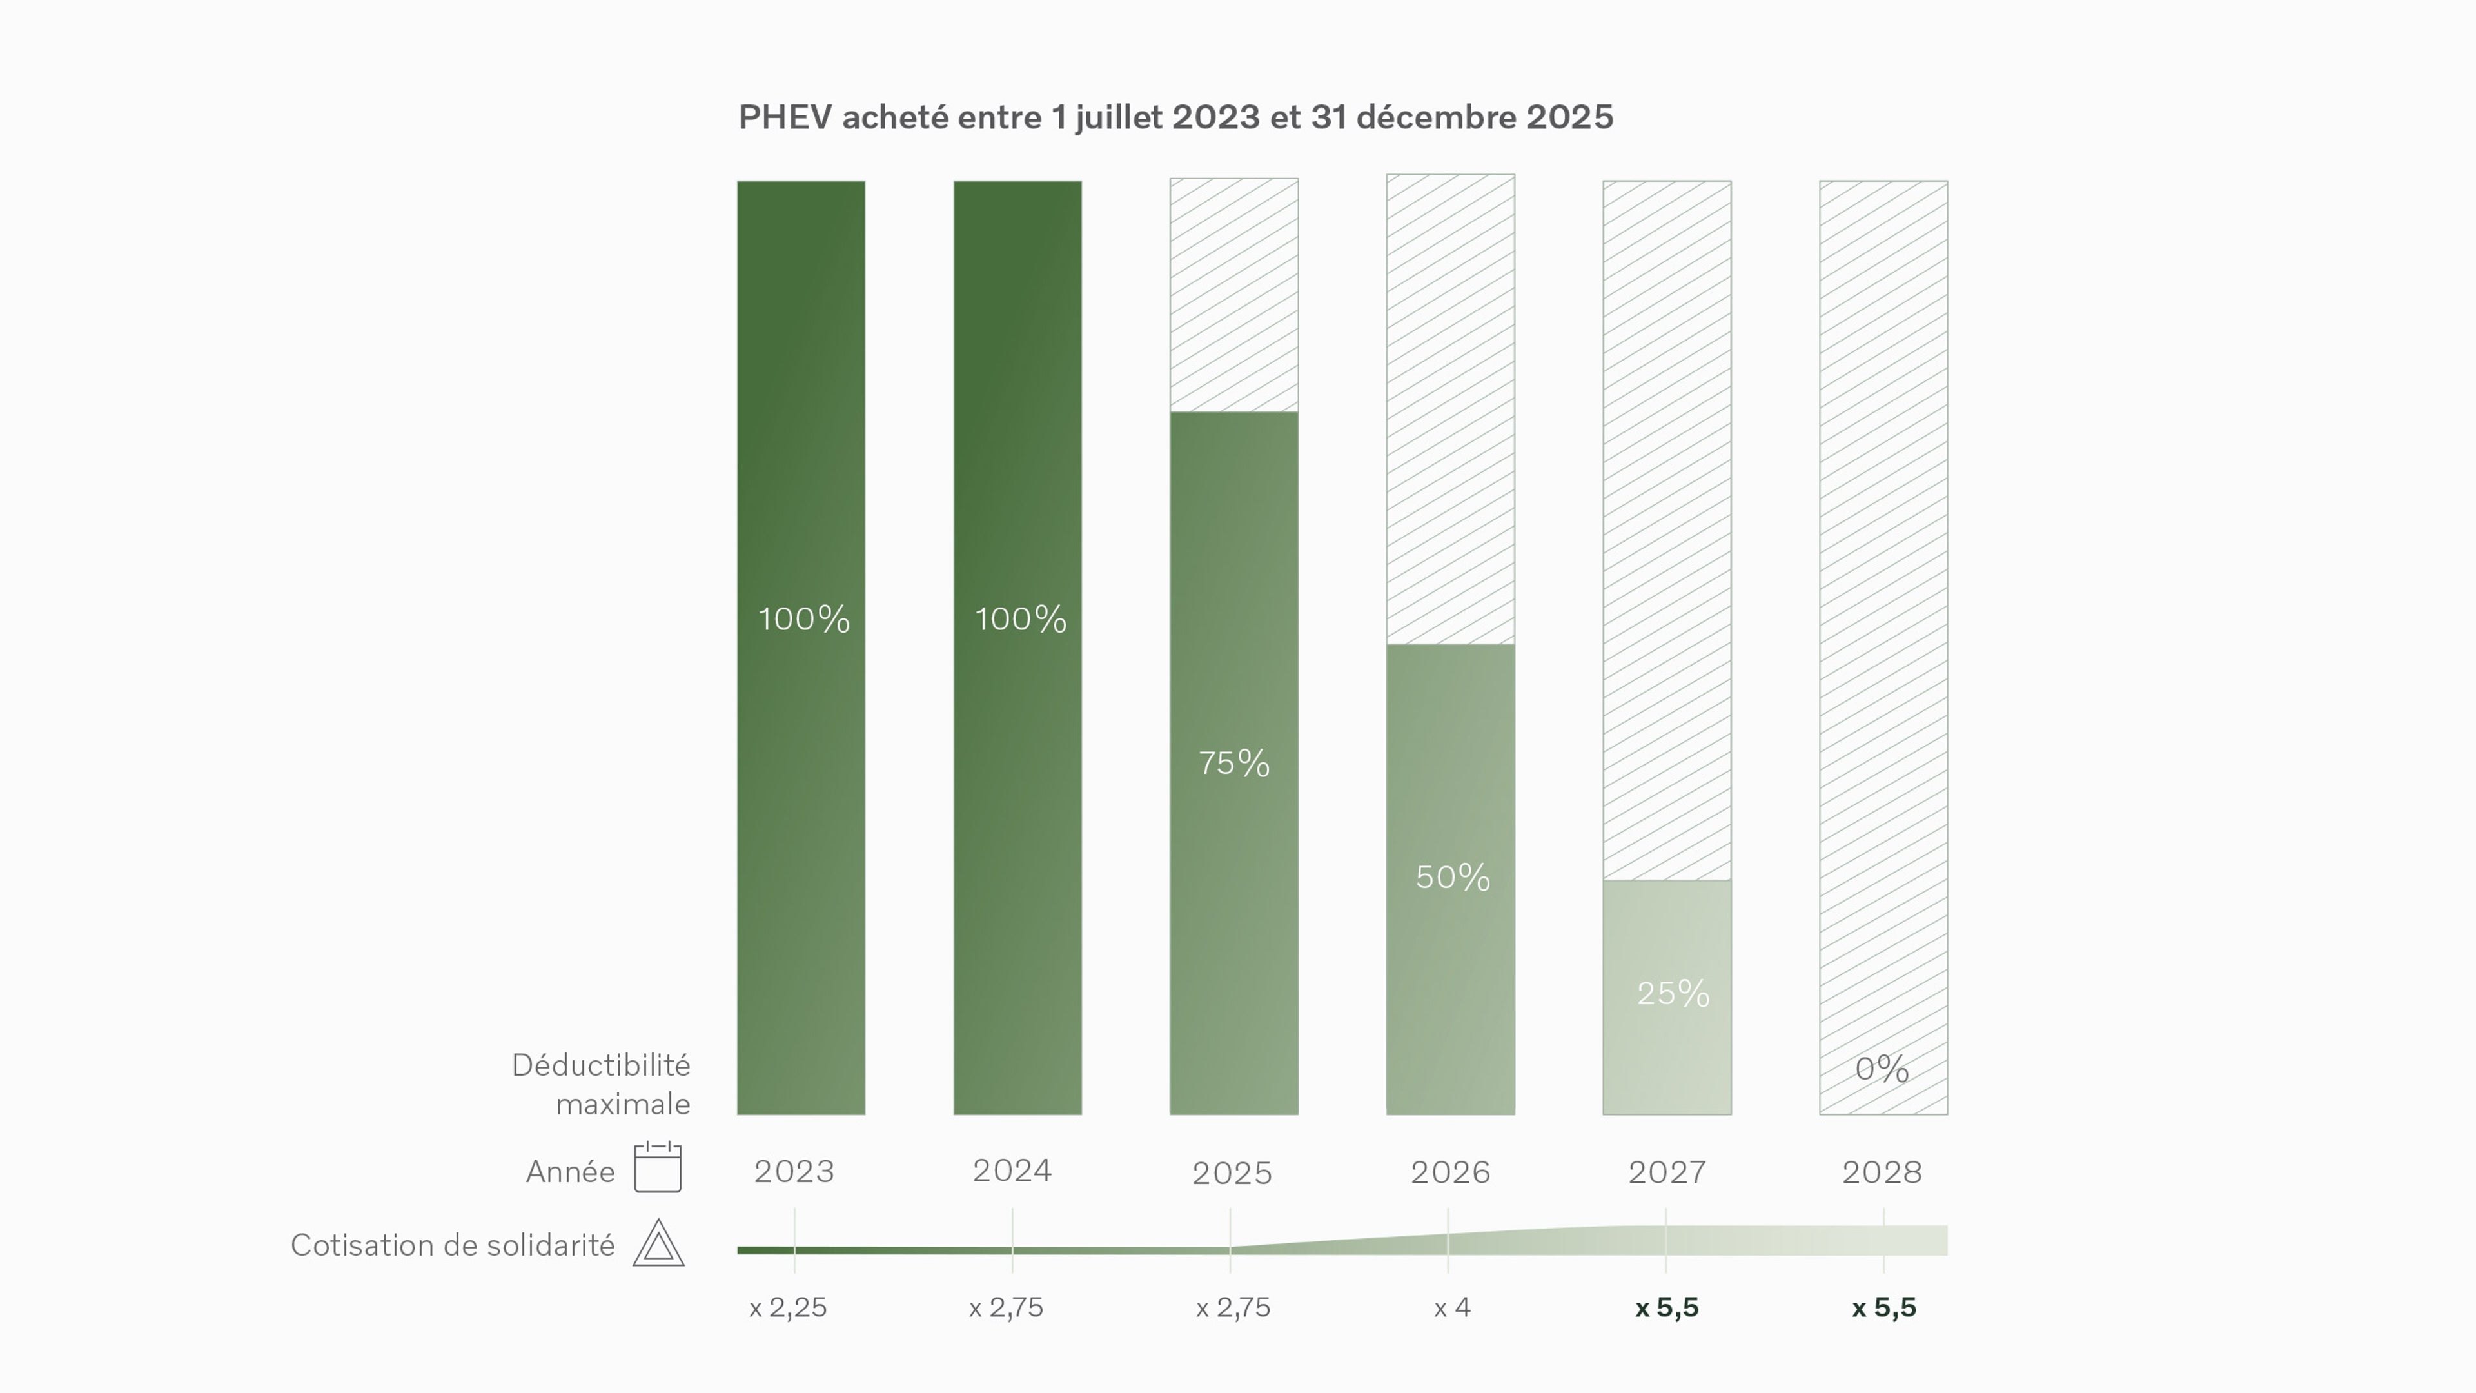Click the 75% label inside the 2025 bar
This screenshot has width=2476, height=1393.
click(1233, 764)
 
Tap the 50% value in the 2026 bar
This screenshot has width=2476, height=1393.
click(1452, 877)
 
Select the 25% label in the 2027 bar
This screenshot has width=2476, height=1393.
click(1673, 993)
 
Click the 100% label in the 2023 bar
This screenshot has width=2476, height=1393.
click(803, 619)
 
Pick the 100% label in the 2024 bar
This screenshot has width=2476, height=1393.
click(1020, 619)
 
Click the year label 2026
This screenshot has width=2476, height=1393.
click(1449, 1172)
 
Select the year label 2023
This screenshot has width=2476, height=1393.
click(794, 1171)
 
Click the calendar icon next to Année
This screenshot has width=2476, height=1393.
click(658, 1167)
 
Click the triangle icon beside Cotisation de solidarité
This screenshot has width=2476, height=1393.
click(658, 1244)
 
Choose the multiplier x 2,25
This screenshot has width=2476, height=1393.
click(787, 1307)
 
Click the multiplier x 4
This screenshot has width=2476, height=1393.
click(1451, 1307)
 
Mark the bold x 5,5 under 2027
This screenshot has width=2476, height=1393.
click(1667, 1307)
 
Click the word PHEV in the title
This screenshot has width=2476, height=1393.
click(784, 117)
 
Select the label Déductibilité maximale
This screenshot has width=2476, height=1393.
click(602, 1084)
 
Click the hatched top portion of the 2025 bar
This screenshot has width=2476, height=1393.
click(1233, 294)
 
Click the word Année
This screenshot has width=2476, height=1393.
click(570, 1171)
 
